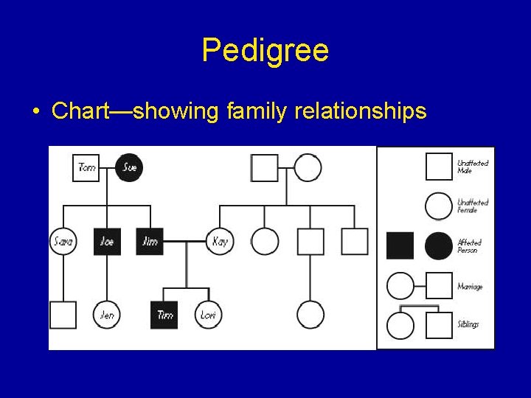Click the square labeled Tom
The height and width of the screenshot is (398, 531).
(x=86, y=167)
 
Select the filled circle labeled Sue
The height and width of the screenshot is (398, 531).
(x=129, y=167)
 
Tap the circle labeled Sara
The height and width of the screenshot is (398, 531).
(x=63, y=241)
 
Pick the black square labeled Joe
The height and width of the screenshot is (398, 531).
(x=107, y=241)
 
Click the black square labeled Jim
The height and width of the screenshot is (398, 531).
(x=150, y=241)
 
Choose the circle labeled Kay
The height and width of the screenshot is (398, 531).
(x=219, y=241)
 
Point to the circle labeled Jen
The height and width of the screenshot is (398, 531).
(x=107, y=315)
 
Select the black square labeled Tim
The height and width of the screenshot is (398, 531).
(x=164, y=315)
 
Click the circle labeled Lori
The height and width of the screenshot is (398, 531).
(x=208, y=315)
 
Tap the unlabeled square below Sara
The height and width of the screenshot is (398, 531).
(x=63, y=315)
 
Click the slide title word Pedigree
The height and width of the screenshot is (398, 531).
(x=265, y=51)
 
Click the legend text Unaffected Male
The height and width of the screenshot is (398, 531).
(x=472, y=167)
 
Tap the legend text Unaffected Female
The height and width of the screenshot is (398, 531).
(x=472, y=206)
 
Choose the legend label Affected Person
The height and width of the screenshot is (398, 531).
(x=468, y=246)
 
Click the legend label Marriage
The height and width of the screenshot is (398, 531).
(x=470, y=286)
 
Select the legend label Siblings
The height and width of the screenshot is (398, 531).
(x=468, y=324)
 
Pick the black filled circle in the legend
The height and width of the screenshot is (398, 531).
(x=439, y=245)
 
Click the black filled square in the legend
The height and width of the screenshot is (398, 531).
(x=400, y=245)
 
